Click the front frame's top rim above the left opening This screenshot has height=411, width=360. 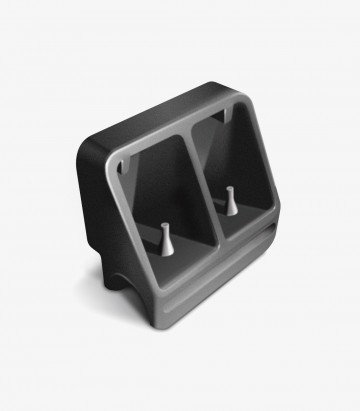pos(150,145)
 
